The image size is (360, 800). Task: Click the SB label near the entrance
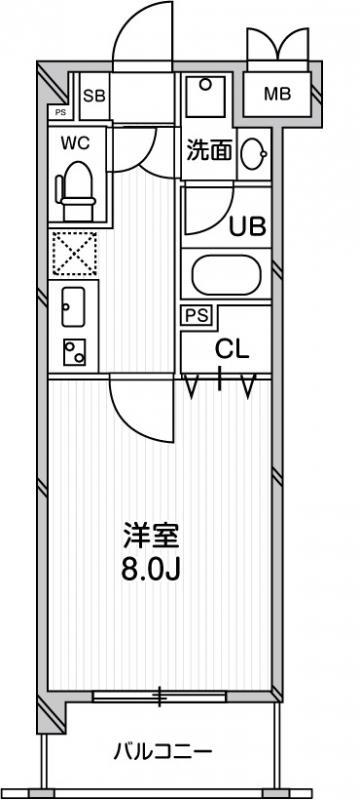94,96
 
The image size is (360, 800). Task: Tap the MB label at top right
277,95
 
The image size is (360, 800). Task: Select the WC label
76,143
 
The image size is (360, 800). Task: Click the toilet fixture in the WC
76,191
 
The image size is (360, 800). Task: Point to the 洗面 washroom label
209,151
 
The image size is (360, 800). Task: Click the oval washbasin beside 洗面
254,151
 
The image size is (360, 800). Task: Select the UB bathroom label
249,226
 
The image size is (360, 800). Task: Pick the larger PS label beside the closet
195,316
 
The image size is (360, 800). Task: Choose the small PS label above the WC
60,113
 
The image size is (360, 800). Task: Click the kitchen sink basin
73,306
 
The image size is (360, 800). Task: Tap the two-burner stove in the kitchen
74,352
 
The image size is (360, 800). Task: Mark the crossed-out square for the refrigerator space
74,253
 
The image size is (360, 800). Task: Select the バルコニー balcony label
162,750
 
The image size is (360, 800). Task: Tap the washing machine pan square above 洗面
209,99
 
